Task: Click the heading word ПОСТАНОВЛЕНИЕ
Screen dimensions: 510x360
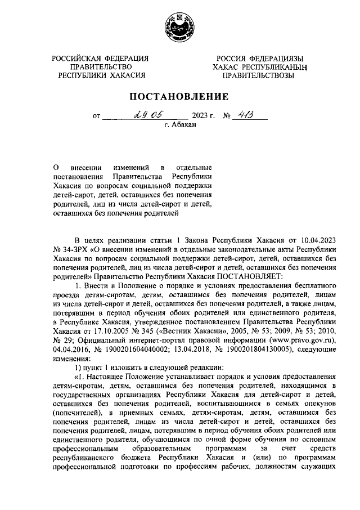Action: coord(180,96)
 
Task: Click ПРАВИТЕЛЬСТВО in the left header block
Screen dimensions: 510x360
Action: coord(101,66)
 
